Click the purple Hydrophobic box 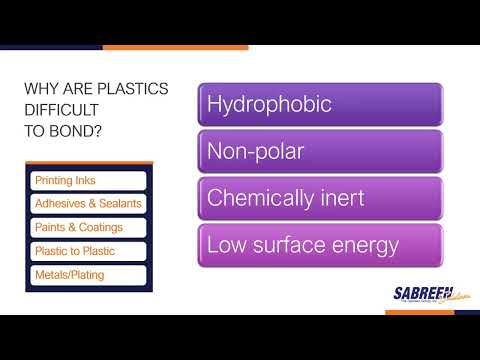(x=320, y=105)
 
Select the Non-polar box (x=320, y=151)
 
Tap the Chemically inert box (x=320, y=198)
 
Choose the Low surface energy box (x=320, y=245)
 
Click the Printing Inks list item (x=88, y=181)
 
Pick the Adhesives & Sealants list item (x=88, y=204)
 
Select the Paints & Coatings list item (x=88, y=227)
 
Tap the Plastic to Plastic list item (x=88, y=251)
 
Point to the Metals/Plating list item (x=88, y=275)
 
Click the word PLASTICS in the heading (x=136, y=90)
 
